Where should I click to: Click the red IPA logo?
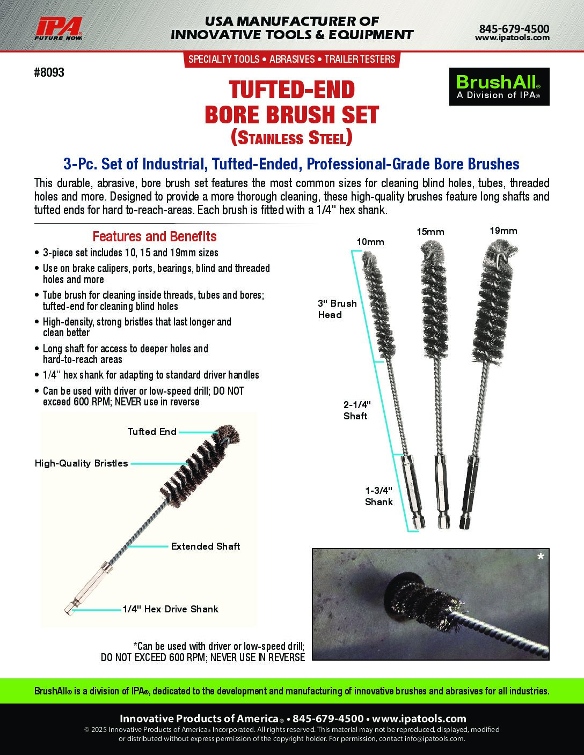[59, 28]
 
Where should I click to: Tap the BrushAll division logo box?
[499, 86]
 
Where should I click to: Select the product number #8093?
[49, 72]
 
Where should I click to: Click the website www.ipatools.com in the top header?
[513, 38]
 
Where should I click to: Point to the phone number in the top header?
[514, 28]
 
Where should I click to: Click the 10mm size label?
[370, 242]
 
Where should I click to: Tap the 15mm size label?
[430, 232]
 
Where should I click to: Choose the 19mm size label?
[503, 231]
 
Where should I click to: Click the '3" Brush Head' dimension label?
[338, 309]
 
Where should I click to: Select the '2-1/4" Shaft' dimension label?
[357, 410]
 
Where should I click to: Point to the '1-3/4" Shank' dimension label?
[379, 496]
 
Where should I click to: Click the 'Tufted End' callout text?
[152, 432]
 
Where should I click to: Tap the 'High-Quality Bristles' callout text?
[82, 463]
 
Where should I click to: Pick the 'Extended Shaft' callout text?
[206, 546]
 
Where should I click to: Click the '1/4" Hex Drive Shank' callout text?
[171, 609]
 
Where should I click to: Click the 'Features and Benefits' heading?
[155, 236]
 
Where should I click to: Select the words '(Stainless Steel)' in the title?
[291, 138]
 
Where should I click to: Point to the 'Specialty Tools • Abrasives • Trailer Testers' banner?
[292, 60]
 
